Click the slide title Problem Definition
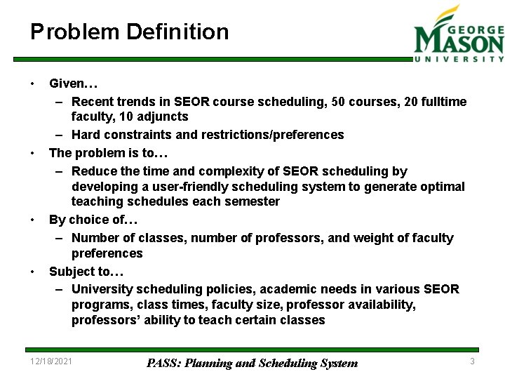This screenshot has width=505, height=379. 129,32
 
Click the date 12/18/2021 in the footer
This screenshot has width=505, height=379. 51,361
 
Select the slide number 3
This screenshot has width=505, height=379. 472,361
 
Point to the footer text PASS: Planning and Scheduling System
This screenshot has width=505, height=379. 252,363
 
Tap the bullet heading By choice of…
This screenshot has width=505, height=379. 93,220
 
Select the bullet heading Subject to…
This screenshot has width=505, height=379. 87,272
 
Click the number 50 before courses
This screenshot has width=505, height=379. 338,102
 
